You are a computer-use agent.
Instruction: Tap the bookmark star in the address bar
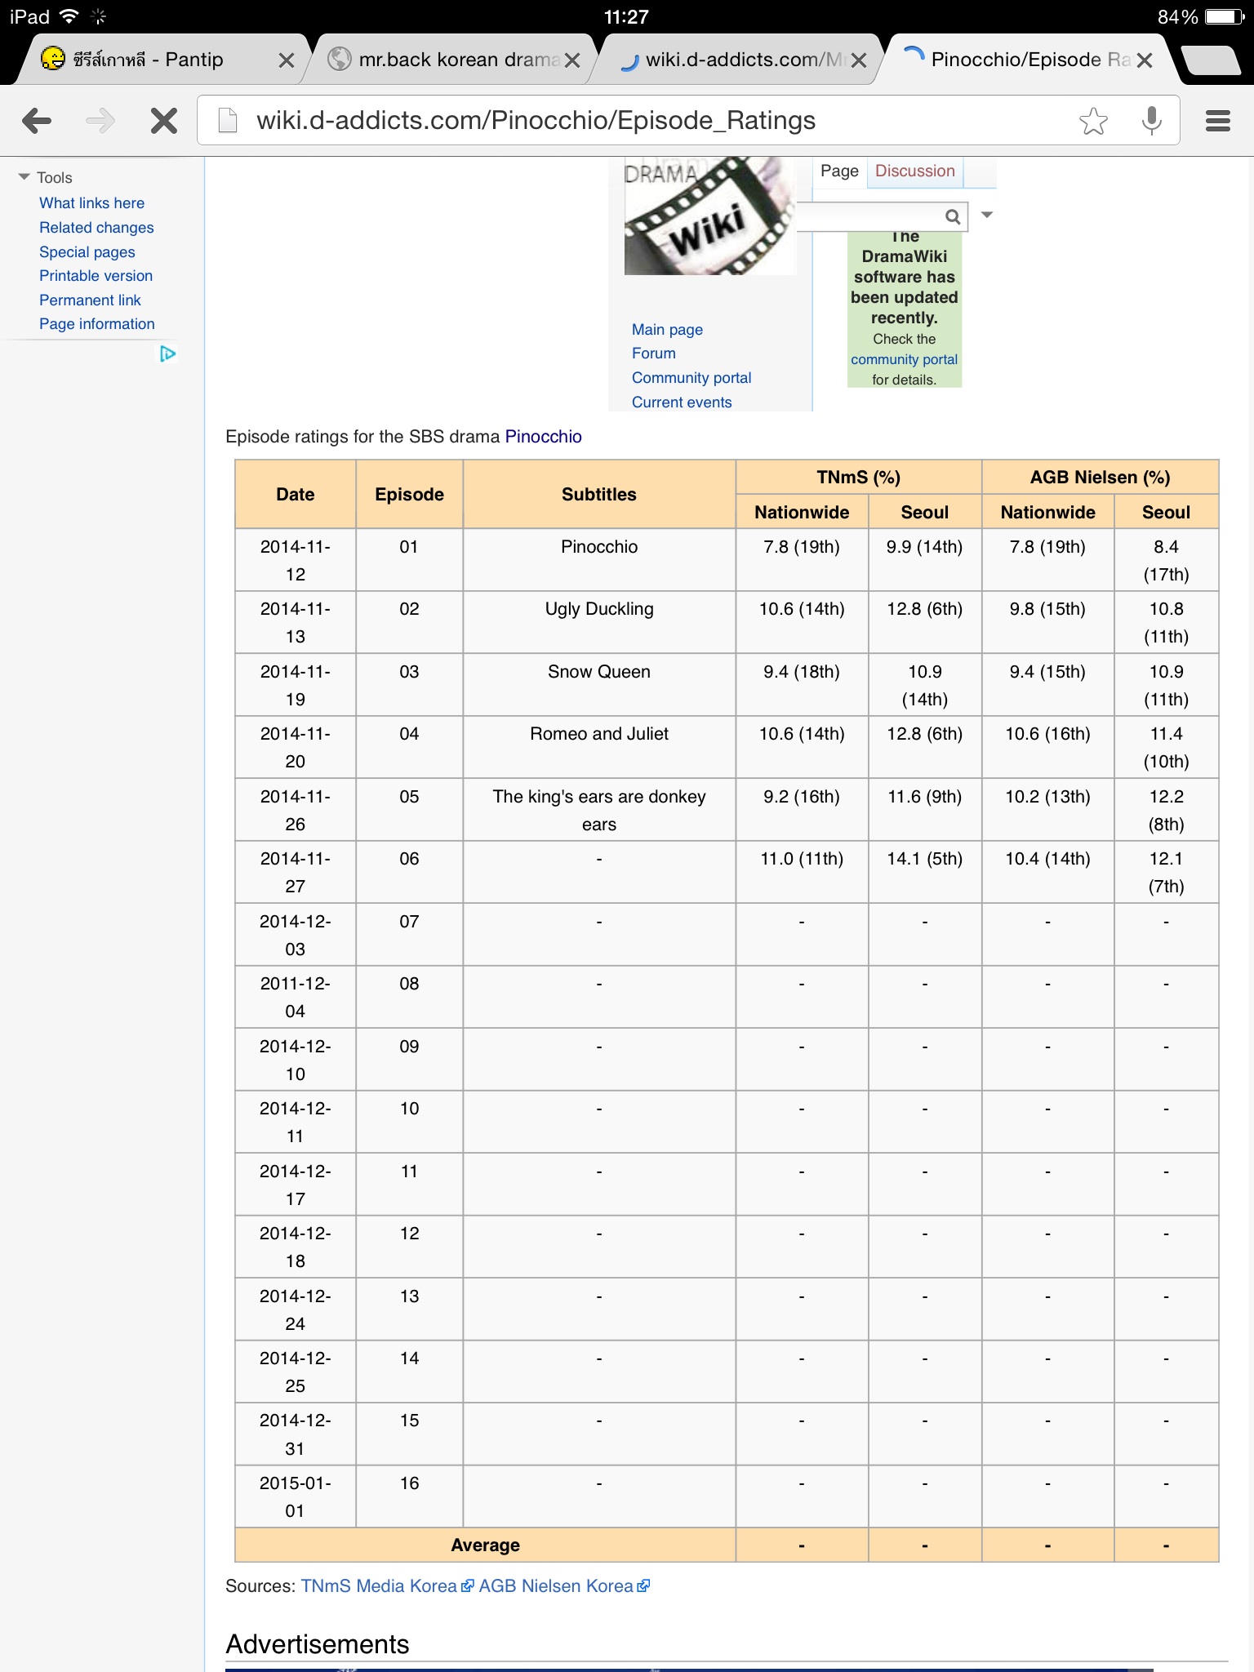pyautogui.click(x=1093, y=121)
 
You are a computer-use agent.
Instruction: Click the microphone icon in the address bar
pyautogui.click(x=1151, y=121)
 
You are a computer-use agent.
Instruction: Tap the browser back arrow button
pyautogui.click(x=37, y=121)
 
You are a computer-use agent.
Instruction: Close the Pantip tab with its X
pyautogui.click(x=286, y=60)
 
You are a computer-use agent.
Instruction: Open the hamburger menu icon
pyautogui.click(x=1217, y=121)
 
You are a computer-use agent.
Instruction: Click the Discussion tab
pyautogui.click(x=914, y=171)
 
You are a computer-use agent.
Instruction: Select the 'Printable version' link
pyautogui.click(x=96, y=276)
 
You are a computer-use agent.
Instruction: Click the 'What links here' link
pyautogui.click(x=91, y=203)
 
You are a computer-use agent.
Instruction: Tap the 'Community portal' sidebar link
pyautogui.click(x=691, y=378)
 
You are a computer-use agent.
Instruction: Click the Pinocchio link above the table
pyautogui.click(x=543, y=437)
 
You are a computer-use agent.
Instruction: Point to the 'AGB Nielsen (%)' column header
pyautogui.click(x=1099, y=478)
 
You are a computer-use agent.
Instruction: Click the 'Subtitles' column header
pyautogui.click(x=598, y=494)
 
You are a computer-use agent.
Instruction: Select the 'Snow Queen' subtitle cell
pyautogui.click(x=598, y=672)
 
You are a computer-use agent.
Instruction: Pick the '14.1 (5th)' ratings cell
pyautogui.click(x=924, y=859)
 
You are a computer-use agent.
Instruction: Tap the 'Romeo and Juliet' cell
pyautogui.click(x=598, y=734)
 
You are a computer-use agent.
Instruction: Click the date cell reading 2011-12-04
pyautogui.click(x=295, y=997)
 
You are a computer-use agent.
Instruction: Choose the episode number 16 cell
pyautogui.click(x=409, y=1483)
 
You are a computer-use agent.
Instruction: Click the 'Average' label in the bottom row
pyautogui.click(x=485, y=1545)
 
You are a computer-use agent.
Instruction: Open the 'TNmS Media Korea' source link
pyautogui.click(x=379, y=1586)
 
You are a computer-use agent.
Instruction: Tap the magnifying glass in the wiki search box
pyautogui.click(x=952, y=216)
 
